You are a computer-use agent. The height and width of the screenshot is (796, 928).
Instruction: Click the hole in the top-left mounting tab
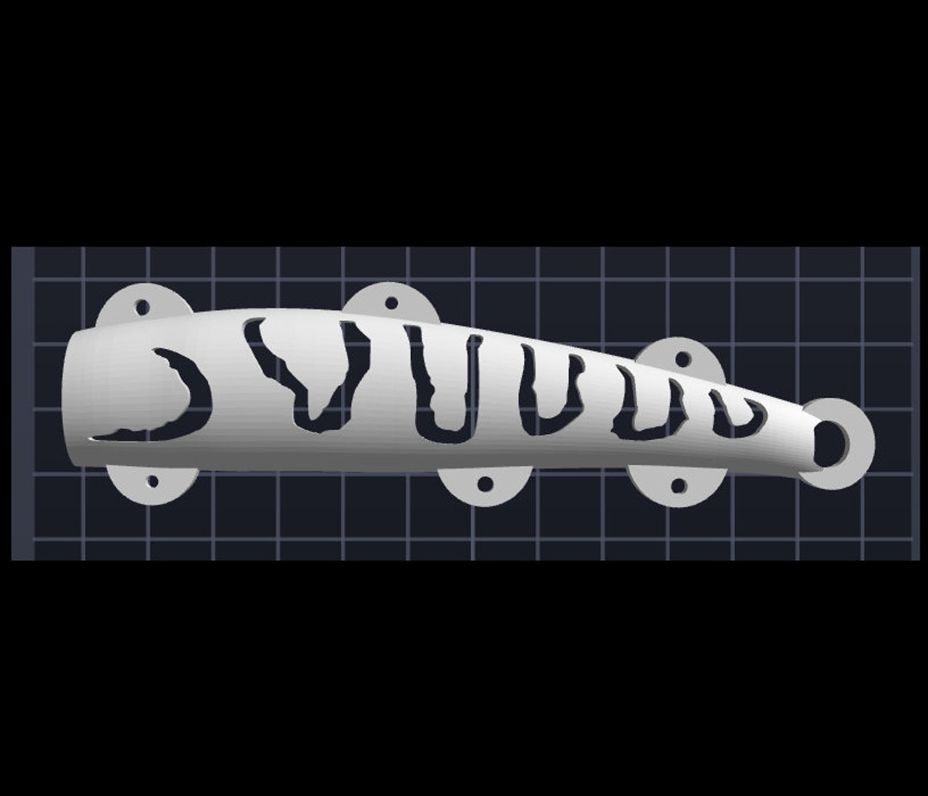(x=142, y=306)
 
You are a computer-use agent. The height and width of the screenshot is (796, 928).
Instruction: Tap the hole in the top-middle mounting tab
(x=391, y=303)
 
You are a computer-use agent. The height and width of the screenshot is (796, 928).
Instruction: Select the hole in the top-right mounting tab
(x=682, y=358)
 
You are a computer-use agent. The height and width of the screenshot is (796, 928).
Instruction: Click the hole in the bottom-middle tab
(x=485, y=484)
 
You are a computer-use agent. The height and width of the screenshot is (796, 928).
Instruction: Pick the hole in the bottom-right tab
(x=678, y=486)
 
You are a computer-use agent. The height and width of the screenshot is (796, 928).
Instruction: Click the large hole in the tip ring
(x=827, y=444)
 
